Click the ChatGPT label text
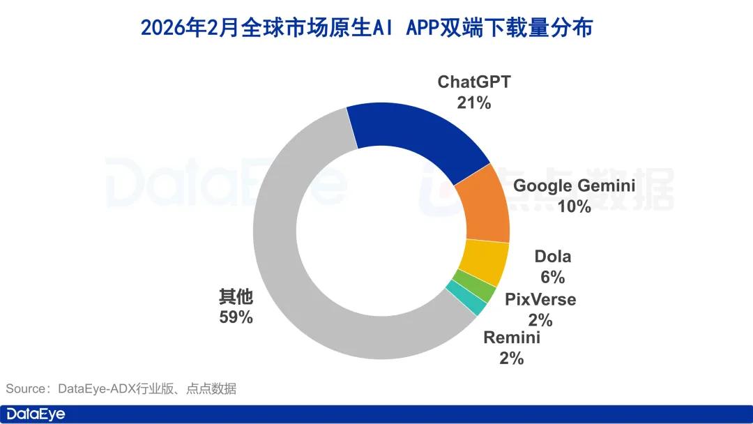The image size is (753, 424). pyautogui.click(x=474, y=82)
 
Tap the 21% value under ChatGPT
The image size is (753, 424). pyautogui.click(x=474, y=103)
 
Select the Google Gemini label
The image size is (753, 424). pyautogui.click(x=574, y=186)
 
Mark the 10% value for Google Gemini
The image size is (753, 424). pyautogui.click(x=574, y=206)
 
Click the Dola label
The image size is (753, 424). pyautogui.click(x=552, y=257)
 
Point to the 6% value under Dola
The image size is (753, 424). pyautogui.click(x=552, y=277)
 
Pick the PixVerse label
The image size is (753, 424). pyautogui.click(x=540, y=300)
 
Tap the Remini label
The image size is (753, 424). pyautogui.click(x=511, y=338)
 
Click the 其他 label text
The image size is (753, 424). pyautogui.click(x=236, y=297)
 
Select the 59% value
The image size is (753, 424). pyautogui.click(x=236, y=317)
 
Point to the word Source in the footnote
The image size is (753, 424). pyautogui.click(x=26, y=388)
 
